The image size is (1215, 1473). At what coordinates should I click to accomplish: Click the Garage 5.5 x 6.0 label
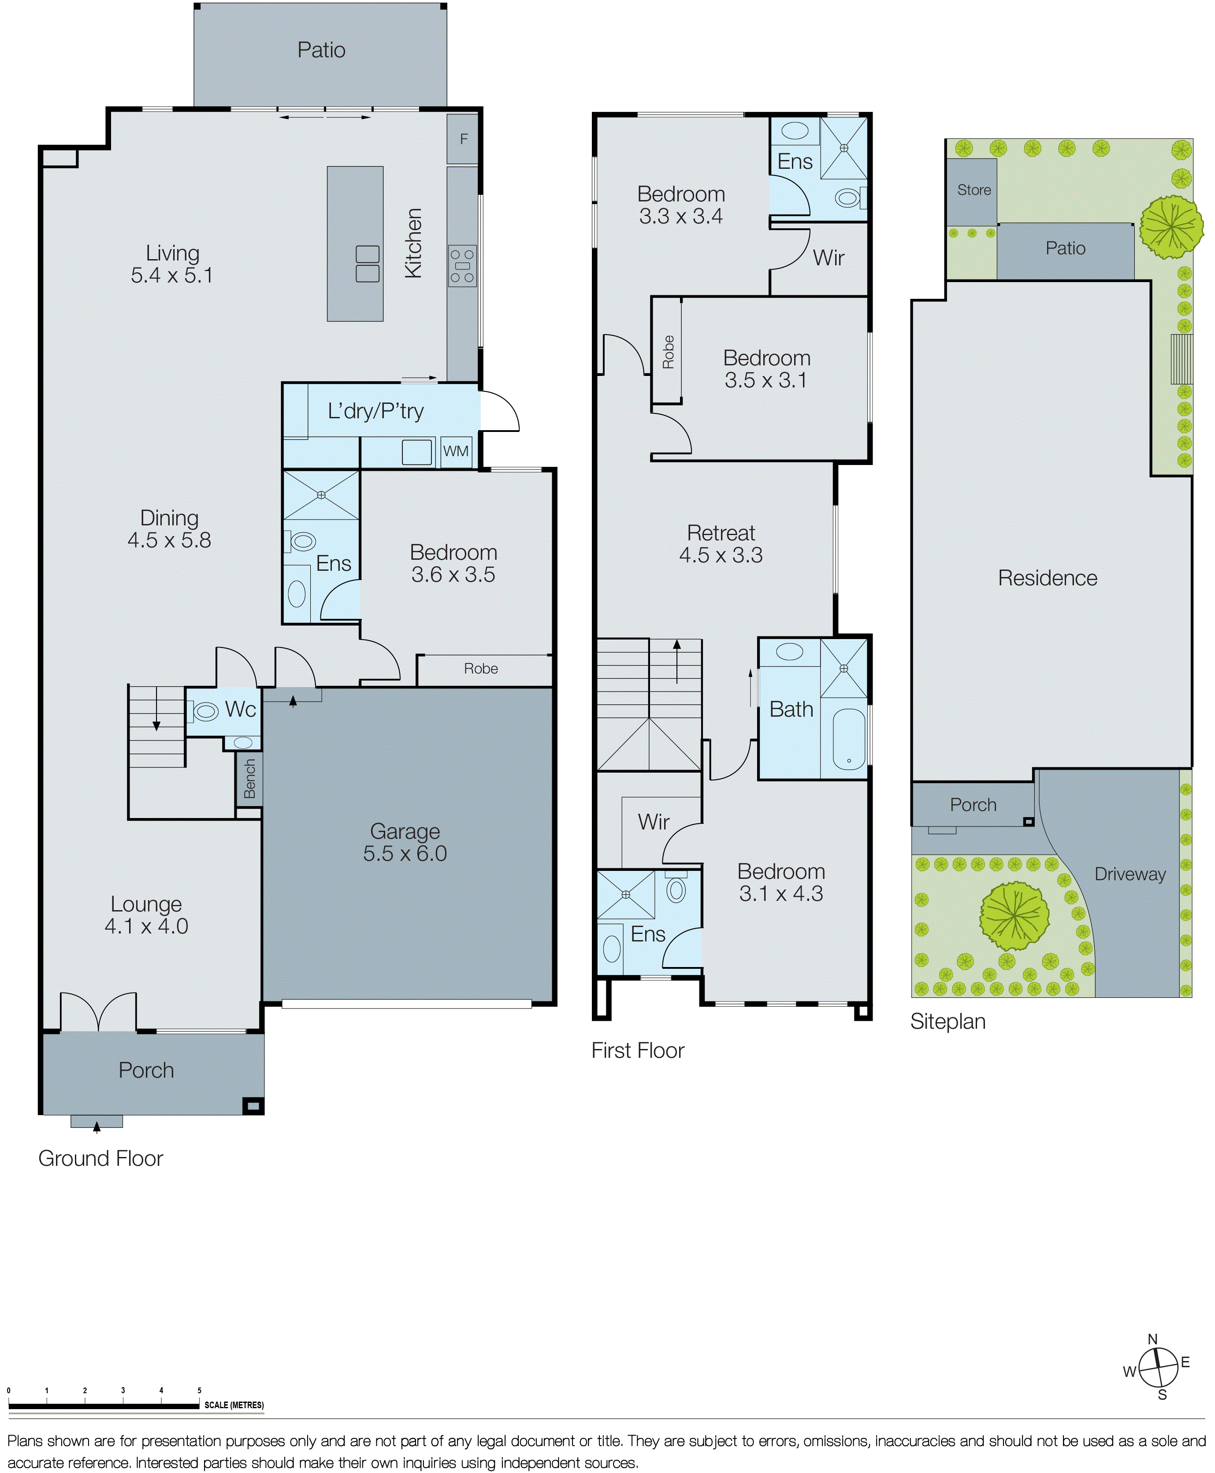(x=405, y=842)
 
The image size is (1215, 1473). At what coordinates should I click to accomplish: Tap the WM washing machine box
(x=456, y=452)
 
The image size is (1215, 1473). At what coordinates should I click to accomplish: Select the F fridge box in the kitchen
(x=463, y=139)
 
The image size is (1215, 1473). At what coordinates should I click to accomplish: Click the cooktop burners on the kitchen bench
(x=462, y=266)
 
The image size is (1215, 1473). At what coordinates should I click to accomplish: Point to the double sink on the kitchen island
(x=368, y=264)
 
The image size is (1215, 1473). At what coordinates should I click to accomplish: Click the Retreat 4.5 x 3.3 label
(x=721, y=544)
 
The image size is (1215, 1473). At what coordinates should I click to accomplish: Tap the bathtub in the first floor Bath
(x=849, y=739)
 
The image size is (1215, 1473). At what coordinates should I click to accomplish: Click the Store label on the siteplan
(x=973, y=190)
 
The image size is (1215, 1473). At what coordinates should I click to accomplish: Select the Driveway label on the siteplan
(x=1130, y=874)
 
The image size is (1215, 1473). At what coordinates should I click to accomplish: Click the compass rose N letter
(x=1153, y=1339)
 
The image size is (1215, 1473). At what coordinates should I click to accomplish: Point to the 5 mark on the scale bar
(x=200, y=1391)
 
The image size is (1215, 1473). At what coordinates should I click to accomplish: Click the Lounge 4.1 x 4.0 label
(x=146, y=915)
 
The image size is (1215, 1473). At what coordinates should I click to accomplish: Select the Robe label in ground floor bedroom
(x=481, y=669)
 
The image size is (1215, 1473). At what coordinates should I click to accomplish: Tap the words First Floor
(x=638, y=1050)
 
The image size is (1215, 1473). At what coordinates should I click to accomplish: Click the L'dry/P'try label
(x=376, y=411)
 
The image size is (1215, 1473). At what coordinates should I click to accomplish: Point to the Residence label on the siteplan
(x=1047, y=578)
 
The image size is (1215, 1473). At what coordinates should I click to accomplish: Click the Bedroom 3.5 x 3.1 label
(x=766, y=369)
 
